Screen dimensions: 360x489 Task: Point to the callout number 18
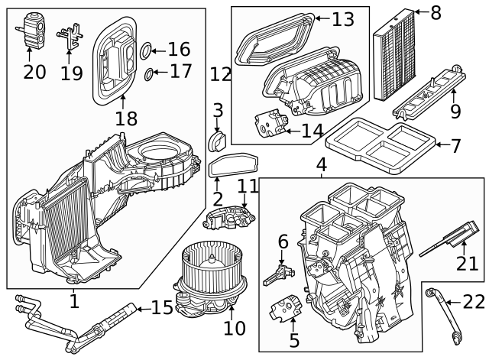click(125, 118)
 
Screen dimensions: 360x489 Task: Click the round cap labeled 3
click(218, 141)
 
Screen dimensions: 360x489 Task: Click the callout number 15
click(162, 308)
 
